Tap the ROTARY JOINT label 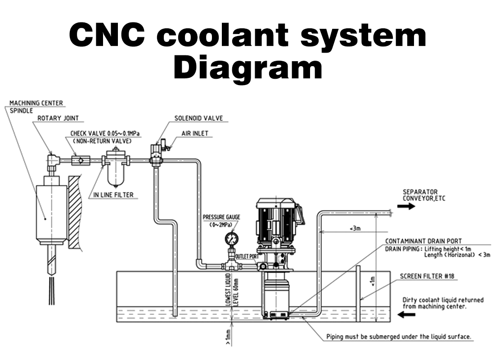click(58, 118)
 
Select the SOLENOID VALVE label click(198, 118)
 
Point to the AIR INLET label click(195, 134)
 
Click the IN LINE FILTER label click(113, 195)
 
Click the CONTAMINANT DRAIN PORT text click(423, 241)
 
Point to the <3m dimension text click(355, 229)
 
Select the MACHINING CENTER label click(36, 103)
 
